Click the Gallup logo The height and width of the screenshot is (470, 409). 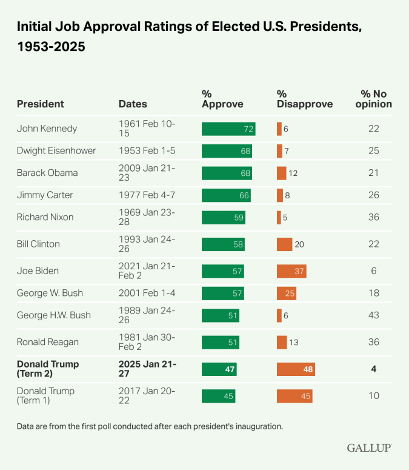pyautogui.click(x=369, y=448)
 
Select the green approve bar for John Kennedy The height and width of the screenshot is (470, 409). pyautogui.click(x=228, y=129)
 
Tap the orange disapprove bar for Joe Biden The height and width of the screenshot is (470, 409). pyautogui.click(x=291, y=271)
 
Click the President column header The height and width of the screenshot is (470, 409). pyautogui.click(x=40, y=104)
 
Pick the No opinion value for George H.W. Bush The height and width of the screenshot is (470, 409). pyautogui.click(x=374, y=315)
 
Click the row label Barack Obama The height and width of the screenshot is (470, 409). pyautogui.click(x=47, y=173)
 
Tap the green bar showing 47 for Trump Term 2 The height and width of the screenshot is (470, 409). pyautogui.click(x=219, y=369)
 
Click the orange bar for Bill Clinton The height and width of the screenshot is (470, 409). pyautogui.click(x=284, y=244)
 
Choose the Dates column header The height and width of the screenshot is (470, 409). pyautogui.click(x=133, y=104)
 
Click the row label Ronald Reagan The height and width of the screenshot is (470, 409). pyautogui.click(x=48, y=342)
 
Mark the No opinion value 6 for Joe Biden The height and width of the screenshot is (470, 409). pyautogui.click(x=374, y=271)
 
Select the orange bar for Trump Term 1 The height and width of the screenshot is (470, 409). pyautogui.click(x=294, y=396)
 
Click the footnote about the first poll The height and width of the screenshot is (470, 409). pyautogui.click(x=150, y=426)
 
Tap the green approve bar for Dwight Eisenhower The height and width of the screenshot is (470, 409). pyautogui.click(x=227, y=151)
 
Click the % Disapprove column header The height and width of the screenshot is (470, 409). pyautogui.click(x=305, y=99)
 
